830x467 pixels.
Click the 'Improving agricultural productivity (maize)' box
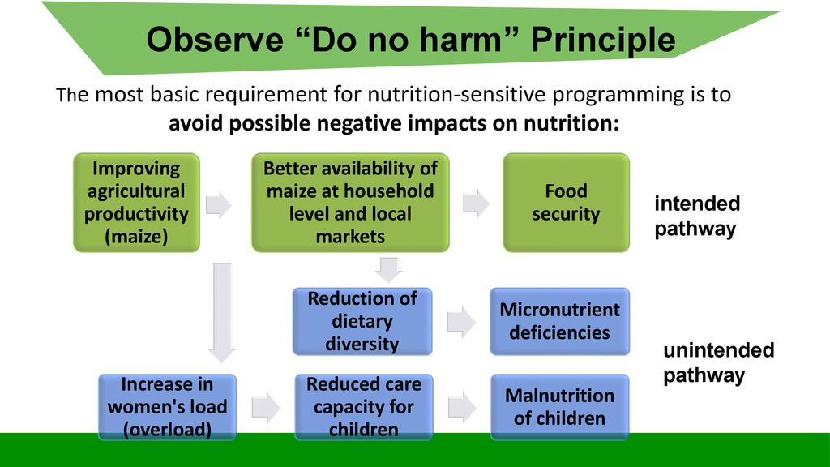pos(136,202)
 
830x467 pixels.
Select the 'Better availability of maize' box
pos(350,202)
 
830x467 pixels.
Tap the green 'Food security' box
pos(567,202)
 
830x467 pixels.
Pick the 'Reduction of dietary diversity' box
pos(362,321)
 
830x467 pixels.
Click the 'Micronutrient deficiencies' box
pos(560,321)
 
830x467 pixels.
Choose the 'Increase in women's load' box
pos(167,407)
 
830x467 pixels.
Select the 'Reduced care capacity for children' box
pos(364,407)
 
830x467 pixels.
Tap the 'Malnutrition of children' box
pos(560,407)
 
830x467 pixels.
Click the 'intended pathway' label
pos(697,216)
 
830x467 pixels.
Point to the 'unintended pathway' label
pos(719,362)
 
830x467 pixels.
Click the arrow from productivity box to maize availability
pos(219,204)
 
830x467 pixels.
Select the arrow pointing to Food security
pos(476,204)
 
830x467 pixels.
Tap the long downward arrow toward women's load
pos(222,312)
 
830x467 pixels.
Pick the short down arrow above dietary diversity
pos(389,270)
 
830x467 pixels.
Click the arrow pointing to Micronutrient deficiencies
pos(461,321)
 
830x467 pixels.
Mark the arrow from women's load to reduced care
pos(266,408)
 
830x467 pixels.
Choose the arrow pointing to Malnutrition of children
pos(462,408)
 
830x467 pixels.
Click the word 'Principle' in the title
pos(603,40)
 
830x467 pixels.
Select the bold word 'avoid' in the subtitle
pos(195,123)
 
